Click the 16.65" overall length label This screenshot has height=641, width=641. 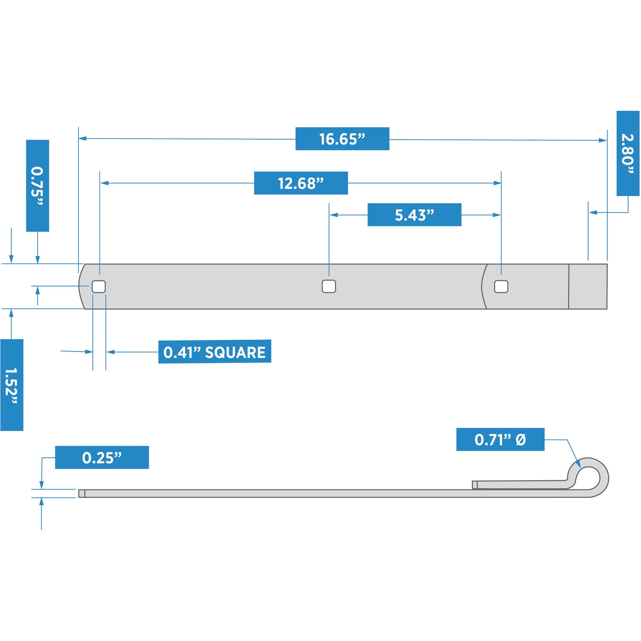click(x=342, y=139)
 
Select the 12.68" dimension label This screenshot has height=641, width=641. click(x=301, y=183)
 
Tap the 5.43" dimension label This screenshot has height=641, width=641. click(x=414, y=215)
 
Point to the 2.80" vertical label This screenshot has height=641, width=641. click(x=628, y=153)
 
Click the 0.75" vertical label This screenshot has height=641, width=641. click(x=38, y=186)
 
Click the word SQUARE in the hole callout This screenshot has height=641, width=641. click(x=235, y=352)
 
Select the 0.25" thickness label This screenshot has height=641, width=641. click(x=102, y=458)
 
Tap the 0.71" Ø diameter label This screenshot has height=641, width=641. click(x=500, y=440)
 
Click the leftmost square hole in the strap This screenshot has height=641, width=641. click(x=98, y=287)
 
